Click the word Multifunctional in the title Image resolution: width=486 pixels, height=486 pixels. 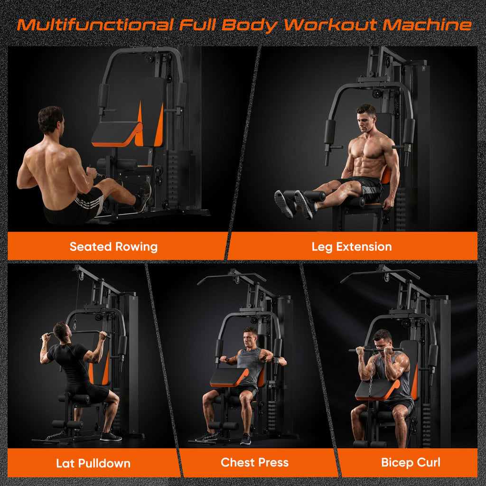tap(95, 25)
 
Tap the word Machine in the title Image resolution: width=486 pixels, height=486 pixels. tap(428, 25)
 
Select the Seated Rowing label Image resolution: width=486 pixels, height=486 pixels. tap(113, 247)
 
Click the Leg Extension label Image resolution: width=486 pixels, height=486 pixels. tap(352, 247)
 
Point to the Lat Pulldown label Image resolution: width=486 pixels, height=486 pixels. tap(93, 463)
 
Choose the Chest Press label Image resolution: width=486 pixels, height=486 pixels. tap(254, 462)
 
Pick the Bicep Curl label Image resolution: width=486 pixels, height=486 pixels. tap(411, 462)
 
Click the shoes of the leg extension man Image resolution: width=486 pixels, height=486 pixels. tap(294, 205)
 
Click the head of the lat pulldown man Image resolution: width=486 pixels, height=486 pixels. tap(61, 331)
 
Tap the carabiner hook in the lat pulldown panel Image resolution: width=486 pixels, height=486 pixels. tap(75, 325)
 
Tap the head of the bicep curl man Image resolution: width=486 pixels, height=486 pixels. tap(382, 340)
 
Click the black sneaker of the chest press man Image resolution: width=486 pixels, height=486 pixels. tap(245, 439)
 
